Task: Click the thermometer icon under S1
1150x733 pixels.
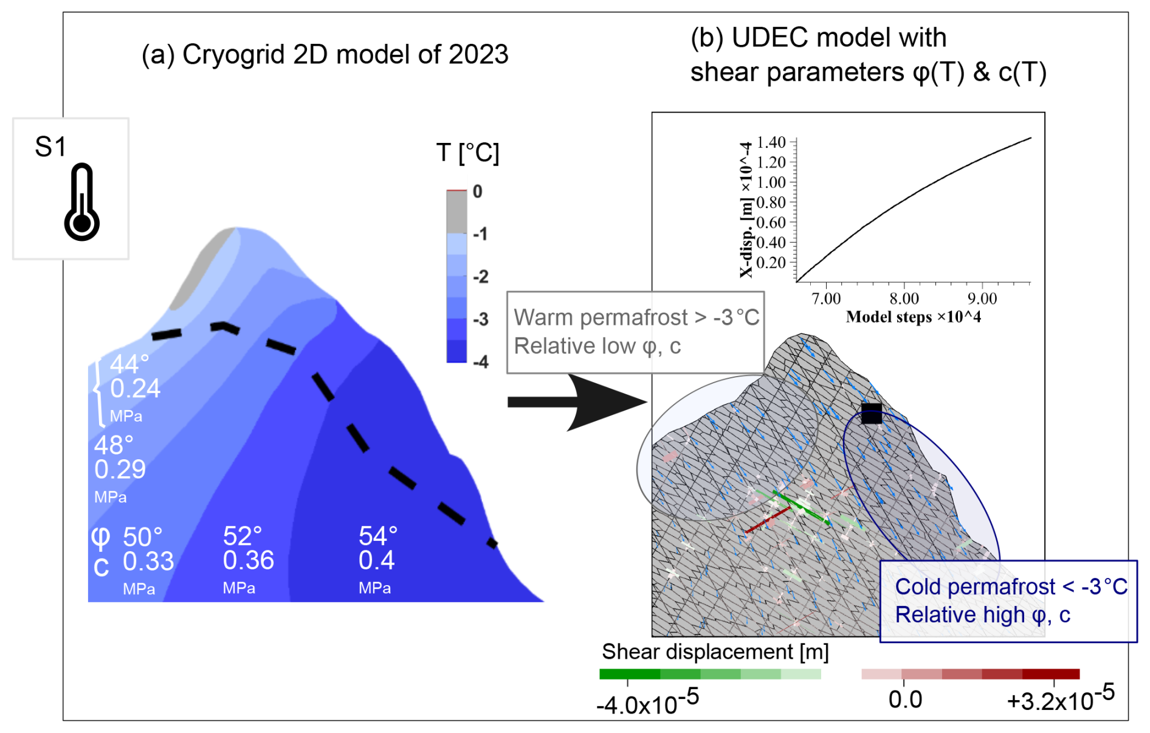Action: tap(82, 201)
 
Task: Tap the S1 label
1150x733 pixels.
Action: tap(50, 147)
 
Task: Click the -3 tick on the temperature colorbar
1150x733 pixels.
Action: tap(481, 319)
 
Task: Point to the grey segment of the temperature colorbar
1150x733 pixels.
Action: tap(456, 212)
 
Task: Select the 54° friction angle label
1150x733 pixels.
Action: tap(377, 536)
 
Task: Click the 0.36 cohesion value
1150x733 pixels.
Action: tap(248, 560)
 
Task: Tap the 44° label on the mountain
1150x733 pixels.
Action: tap(129, 364)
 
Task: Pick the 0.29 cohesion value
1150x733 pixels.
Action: tap(120, 470)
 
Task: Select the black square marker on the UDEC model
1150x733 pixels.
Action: tap(871, 414)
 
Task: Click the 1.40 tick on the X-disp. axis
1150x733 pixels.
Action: tap(771, 142)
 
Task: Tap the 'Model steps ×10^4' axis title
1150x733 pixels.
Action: tap(913, 317)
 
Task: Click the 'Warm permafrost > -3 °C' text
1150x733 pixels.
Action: tap(636, 318)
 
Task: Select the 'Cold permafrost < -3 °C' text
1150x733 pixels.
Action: tap(1011, 587)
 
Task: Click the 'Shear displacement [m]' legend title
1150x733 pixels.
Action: tap(715, 652)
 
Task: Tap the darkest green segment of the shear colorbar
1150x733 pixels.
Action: tap(630, 674)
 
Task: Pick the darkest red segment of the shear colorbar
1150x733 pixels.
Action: tap(1051, 674)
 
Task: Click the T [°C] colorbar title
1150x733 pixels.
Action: tap(467, 153)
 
